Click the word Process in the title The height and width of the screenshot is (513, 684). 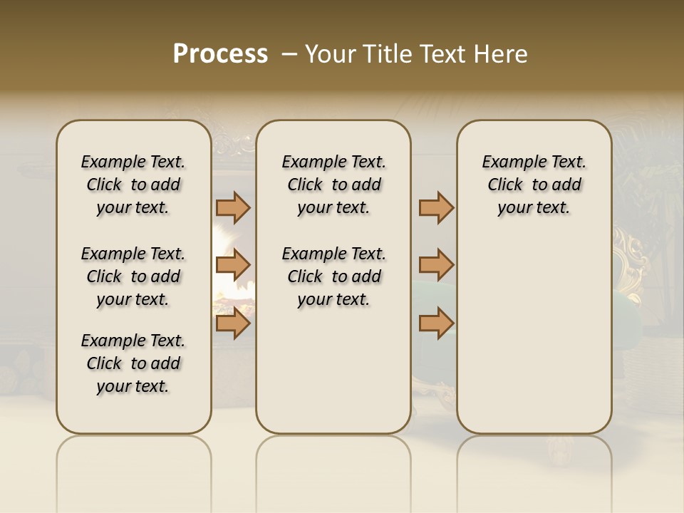pyautogui.click(x=220, y=54)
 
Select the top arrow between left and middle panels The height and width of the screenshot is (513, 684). pyautogui.click(x=233, y=208)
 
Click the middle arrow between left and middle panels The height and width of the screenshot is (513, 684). pyautogui.click(x=233, y=265)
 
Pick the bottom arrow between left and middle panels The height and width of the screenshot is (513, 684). pyautogui.click(x=233, y=323)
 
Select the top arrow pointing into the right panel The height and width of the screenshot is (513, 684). pyautogui.click(x=436, y=208)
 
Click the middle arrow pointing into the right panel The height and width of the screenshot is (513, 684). pyautogui.click(x=436, y=265)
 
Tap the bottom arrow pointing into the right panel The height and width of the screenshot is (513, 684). pyautogui.click(x=436, y=323)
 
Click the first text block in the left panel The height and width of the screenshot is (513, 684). pyautogui.click(x=133, y=185)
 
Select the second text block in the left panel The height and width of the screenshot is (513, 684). pyautogui.click(x=133, y=276)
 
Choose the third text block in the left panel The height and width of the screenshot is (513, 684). pyautogui.click(x=133, y=363)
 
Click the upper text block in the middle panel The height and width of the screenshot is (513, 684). pyautogui.click(x=333, y=185)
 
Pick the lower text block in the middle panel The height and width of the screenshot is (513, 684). pyautogui.click(x=333, y=276)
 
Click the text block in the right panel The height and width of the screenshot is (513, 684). pyautogui.click(x=534, y=185)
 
